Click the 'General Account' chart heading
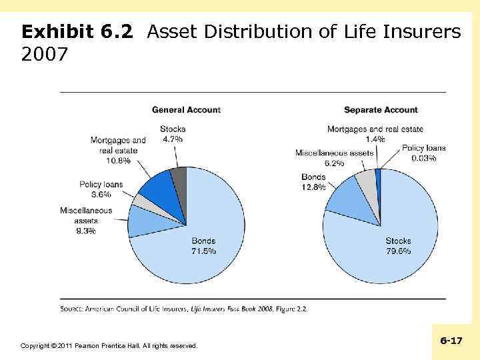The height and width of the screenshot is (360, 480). (186, 109)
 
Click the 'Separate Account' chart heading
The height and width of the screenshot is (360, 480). (381, 109)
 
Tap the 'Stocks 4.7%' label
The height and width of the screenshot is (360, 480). (173, 134)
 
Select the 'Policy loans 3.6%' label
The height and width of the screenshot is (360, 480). (101, 189)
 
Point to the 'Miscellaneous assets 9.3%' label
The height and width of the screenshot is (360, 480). (86, 221)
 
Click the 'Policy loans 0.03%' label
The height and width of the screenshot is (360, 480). (423, 153)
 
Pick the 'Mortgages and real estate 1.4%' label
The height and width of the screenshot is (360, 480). (375, 134)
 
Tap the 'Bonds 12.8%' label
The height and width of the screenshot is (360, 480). (313, 182)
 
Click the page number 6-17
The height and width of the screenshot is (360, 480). (451, 341)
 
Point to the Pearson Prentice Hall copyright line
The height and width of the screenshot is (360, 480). (109, 345)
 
